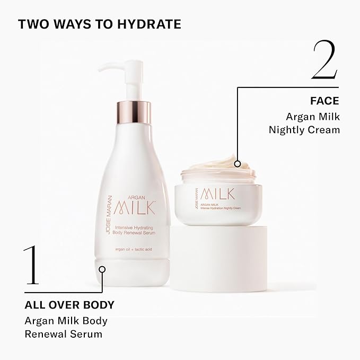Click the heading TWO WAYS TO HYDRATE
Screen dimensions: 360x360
(x=99, y=24)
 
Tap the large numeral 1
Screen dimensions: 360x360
(x=31, y=266)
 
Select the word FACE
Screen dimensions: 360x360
(x=324, y=100)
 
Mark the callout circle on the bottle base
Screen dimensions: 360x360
(x=102, y=269)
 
